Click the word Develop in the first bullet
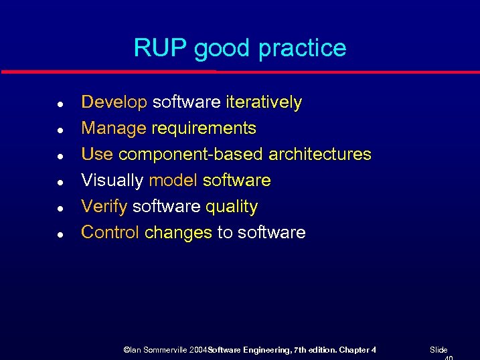tap(114, 102)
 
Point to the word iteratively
tap(264, 102)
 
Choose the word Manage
tap(113, 128)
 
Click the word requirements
tap(204, 128)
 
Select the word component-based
tap(191, 154)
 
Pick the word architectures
tap(319, 154)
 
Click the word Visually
tap(112, 180)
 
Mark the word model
tap(173, 180)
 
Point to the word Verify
tap(104, 207)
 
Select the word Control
tap(110, 232)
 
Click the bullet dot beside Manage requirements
tap(60, 130)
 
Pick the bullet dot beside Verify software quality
tap(60, 209)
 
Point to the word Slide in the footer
tap(438, 350)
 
